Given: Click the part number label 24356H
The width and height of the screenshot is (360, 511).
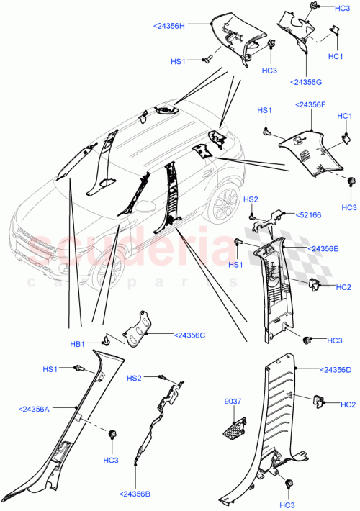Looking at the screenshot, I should [x=170, y=26].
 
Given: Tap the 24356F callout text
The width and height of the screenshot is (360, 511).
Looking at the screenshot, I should [x=311, y=104].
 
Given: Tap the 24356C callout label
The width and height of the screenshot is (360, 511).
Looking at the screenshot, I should [x=189, y=335].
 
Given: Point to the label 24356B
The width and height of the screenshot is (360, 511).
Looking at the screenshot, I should [x=135, y=494].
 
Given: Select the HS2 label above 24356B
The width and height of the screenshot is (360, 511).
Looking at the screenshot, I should [x=135, y=378].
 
